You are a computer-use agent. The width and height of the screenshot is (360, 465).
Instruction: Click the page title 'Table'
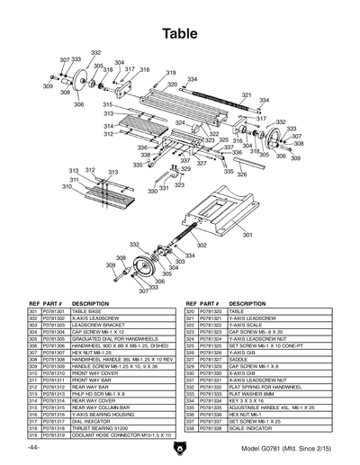coord(180,33)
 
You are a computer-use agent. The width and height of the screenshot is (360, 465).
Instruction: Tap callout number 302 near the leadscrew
coord(201,245)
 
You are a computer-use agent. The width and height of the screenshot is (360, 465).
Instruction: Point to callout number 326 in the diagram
coord(241,174)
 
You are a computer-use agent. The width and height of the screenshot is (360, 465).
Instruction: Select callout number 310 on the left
coord(66,187)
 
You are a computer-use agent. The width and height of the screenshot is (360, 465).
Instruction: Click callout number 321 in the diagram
coord(247,94)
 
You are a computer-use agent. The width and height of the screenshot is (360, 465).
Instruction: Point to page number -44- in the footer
coord(32,447)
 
